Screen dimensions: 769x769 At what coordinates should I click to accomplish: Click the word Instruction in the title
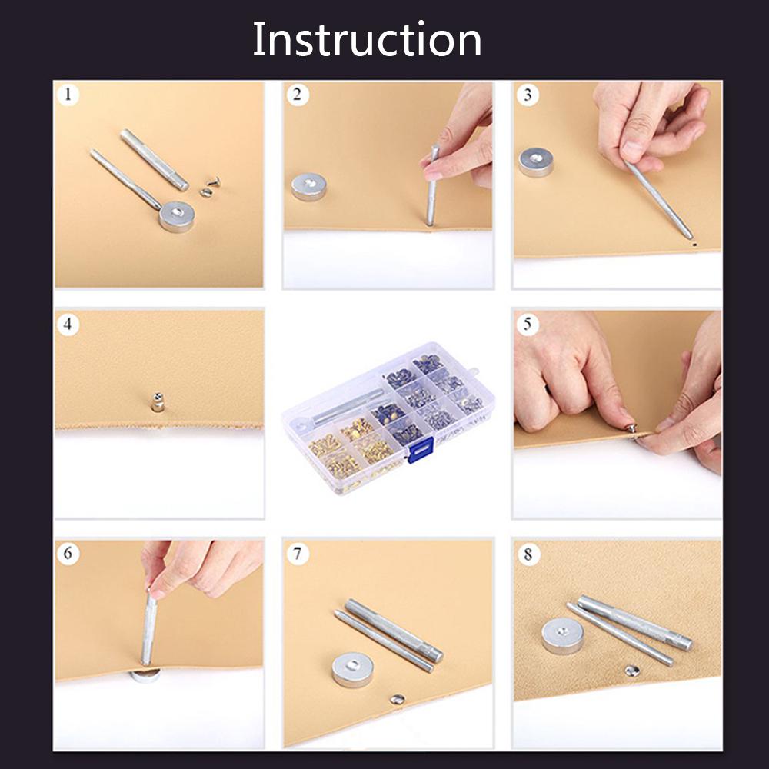[367, 40]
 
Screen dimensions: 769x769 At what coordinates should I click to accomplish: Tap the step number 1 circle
[69, 95]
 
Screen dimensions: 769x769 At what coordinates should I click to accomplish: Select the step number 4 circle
[69, 325]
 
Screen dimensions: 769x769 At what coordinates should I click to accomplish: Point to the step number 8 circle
[528, 554]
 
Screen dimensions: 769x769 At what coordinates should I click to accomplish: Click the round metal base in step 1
[178, 216]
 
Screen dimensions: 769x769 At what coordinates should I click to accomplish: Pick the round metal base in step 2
[308, 187]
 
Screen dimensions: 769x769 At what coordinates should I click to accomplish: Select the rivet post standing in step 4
[157, 401]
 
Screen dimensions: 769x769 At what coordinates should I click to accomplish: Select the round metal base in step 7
[352, 670]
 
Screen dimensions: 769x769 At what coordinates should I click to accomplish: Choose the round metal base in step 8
[562, 636]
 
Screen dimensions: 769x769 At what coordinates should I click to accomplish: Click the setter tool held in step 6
[148, 627]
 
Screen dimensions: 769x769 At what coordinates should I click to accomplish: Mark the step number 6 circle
[69, 554]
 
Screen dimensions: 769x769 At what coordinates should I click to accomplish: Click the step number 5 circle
[528, 325]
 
